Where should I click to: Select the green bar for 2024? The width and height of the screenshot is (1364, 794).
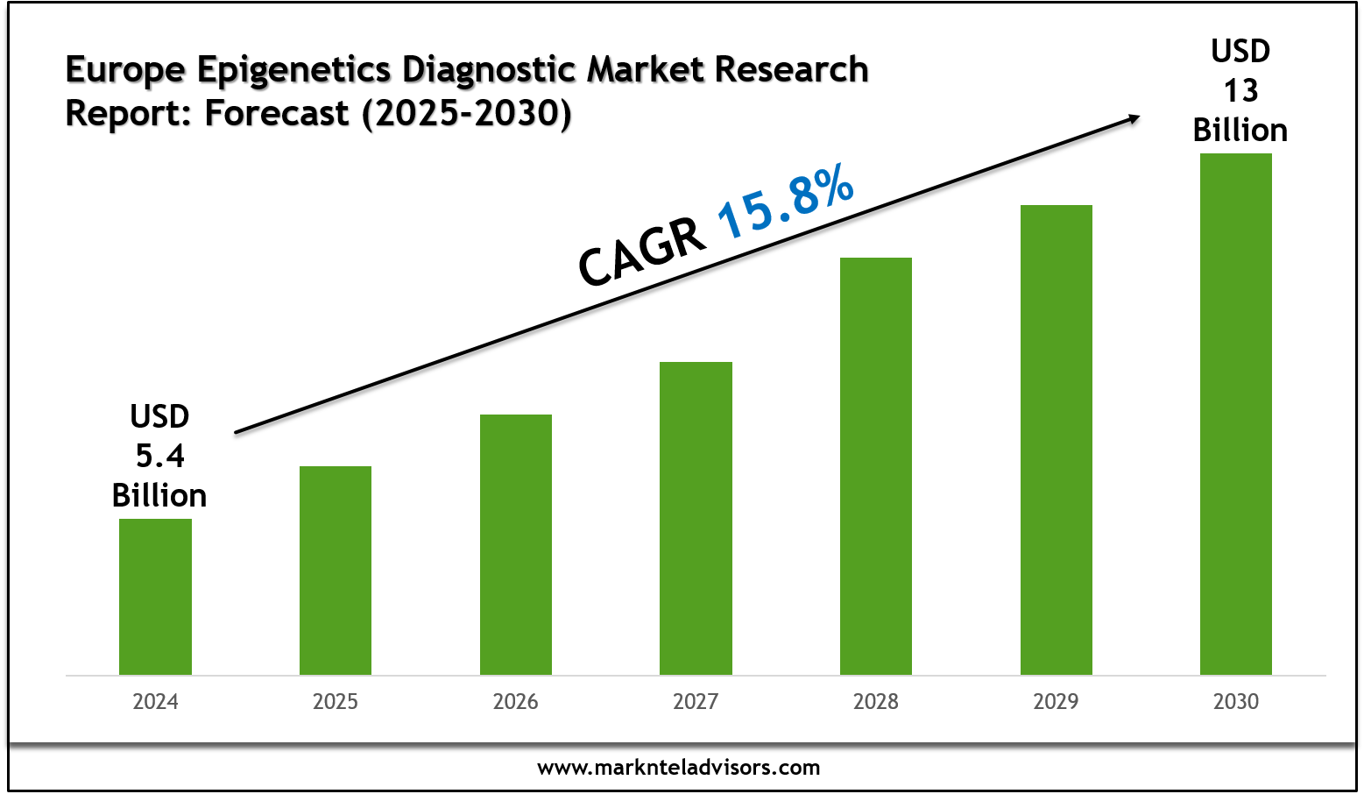click(x=155, y=596)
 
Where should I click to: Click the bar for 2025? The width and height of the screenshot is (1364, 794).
click(x=336, y=570)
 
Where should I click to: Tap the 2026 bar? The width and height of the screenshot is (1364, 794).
click(x=516, y=543)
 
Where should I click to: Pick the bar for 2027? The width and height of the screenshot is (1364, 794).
click(x=696, y=517)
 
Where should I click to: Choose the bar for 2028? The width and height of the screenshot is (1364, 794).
click(x=876, y=465)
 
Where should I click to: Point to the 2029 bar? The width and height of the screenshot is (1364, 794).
click(x=1057, y=439)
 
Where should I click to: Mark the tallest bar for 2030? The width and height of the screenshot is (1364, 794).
click(x=1236, y=414)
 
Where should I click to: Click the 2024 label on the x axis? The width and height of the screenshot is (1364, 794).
click(x=155, y=702)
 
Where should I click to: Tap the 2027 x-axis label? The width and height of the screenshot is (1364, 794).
click(x=696, y=702)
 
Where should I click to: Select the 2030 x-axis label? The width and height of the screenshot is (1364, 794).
click(x=1236, y=702)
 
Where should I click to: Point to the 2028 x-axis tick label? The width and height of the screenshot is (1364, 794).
click(x=876, y=702)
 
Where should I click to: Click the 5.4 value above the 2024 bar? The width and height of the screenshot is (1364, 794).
click(x=159, y=456)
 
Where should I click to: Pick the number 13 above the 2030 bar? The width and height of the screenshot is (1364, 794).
click(x=1240, y=90)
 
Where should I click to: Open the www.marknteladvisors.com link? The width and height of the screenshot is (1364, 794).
click(x=679, y=768)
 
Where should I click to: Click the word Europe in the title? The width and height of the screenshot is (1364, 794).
click(x=125, y=70)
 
